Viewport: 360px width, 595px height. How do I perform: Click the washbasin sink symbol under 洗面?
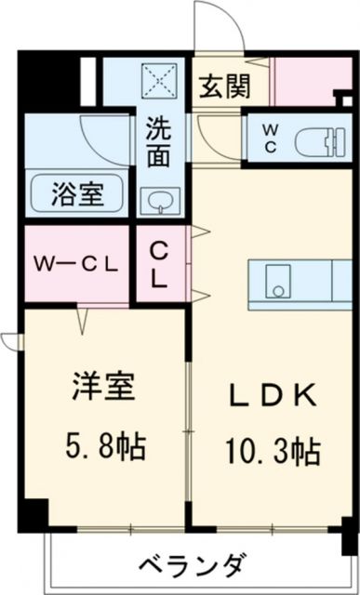tap(158, 200)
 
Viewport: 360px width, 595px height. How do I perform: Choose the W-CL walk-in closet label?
tap(76, 263)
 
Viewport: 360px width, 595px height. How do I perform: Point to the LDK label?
tap(271, 394)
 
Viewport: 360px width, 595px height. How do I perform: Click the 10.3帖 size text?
tap(271, 453)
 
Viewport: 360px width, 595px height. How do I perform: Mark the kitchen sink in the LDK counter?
tap(276, 278)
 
